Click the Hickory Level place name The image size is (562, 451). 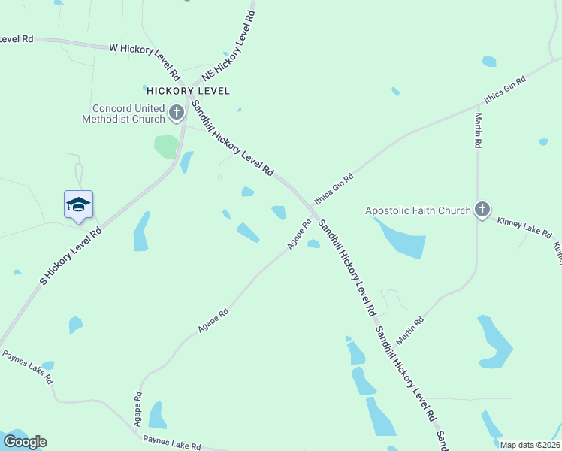pos(188,91)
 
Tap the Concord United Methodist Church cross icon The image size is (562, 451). pos(177,114)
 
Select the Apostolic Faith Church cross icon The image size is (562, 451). pos(482,210)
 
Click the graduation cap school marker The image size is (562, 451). pos(78,205)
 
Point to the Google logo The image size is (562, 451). pos(25,442)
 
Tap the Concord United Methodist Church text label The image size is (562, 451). pos(124,114)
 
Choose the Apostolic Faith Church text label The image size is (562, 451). pos(418,211)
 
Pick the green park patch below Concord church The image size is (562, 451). pos(166,146)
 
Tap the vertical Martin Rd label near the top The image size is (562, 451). pos(477,129)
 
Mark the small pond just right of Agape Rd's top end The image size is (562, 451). pos(313,244)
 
